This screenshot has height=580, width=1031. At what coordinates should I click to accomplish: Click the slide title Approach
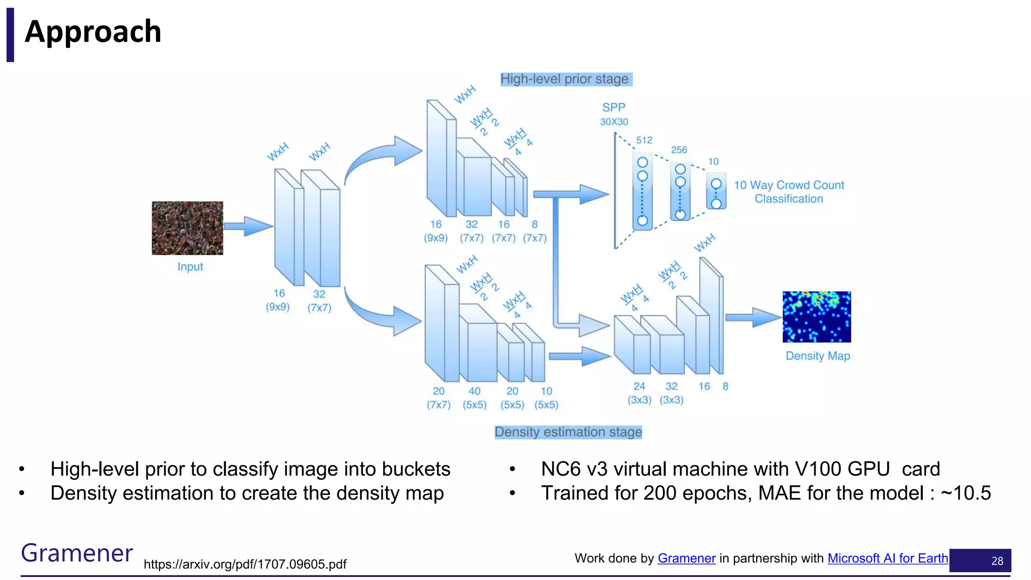point(93,32)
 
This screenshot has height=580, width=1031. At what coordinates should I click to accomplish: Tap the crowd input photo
point(187,228)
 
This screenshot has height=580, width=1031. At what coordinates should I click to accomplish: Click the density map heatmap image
point(817,317)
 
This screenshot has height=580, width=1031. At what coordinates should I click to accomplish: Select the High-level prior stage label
point(564,79)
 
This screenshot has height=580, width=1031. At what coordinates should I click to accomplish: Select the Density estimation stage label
point(568,432)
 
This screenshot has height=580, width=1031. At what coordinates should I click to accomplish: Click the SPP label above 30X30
point(614,107)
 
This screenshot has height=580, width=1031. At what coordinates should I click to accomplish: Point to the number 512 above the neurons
point(644,140)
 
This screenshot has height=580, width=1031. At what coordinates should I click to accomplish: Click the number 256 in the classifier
point(679,150)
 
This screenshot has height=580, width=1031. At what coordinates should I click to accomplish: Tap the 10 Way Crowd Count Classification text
point(789,192)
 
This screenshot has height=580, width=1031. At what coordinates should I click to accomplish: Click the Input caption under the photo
point(190,267)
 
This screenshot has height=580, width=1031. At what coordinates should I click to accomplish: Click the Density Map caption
point(818,356)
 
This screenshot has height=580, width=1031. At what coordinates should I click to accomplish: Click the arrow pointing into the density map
point(754,317)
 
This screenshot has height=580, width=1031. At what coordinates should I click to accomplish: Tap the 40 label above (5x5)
point(474,391)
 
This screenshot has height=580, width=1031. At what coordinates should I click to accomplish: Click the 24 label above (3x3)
point(639,386)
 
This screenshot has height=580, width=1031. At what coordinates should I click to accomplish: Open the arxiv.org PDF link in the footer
point(245,564)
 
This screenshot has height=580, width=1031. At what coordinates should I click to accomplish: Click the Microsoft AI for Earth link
point(888,558)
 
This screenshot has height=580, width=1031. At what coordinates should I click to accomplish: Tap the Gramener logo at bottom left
point(77,553)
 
